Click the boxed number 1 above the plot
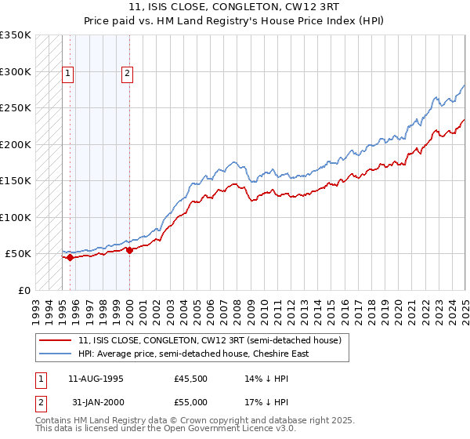click(x=69, y=74)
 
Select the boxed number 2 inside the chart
click(x=127, y=74)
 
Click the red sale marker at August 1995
click(x=70, y=256)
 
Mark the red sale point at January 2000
click(x=129, y=250)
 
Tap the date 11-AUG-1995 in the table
click(x=96, y=379)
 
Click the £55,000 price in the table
click(x=190, y=401)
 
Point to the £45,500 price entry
click(x=190, y=379)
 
